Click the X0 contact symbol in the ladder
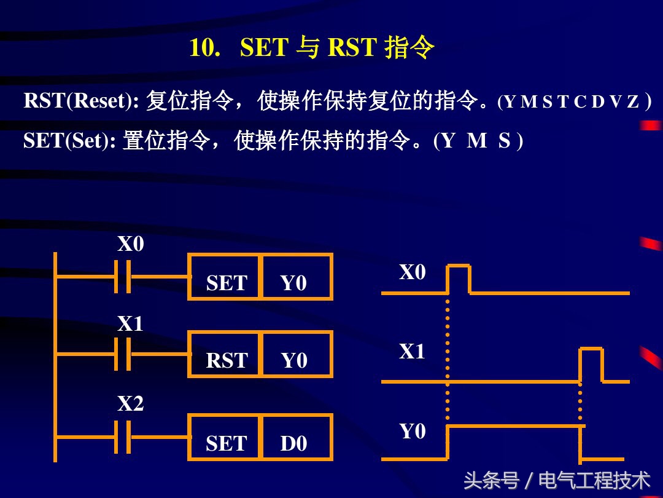tap(123, 277)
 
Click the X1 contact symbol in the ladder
tap(123, 354)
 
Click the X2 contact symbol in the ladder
tap(123, 437)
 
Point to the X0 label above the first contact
tap(131, 245)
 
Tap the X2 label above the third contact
tap(131, 404)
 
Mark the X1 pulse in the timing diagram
tap(591, 364)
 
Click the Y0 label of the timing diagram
tap(413, 432)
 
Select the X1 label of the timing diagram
tap(413, 352)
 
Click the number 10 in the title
tap(204, 48)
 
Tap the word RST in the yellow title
tap(352, 48)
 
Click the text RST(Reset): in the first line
tap(81, 101)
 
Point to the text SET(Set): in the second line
tap(69, 141)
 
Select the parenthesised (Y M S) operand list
tap(478, 141)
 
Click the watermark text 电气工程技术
tap(594, 480)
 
